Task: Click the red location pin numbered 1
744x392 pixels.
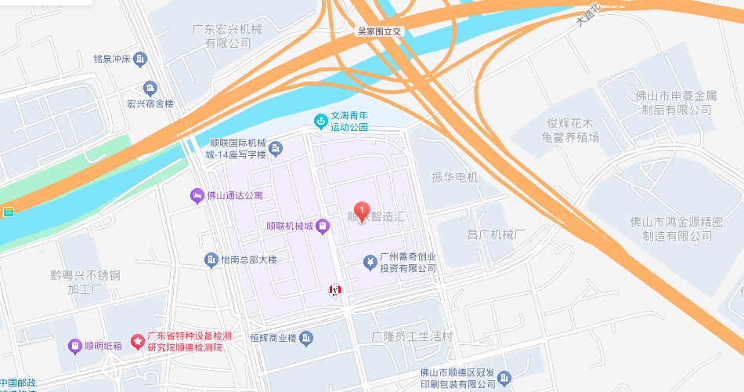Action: (x=362, y=211)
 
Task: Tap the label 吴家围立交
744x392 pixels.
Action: (x=379, y=31)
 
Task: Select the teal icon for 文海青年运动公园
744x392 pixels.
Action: (x=320, y=121)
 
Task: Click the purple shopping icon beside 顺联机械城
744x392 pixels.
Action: (x=321, y=227)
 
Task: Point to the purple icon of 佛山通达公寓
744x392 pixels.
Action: (x=197, y=195)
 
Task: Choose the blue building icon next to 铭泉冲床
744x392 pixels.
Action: (x=140, y=59)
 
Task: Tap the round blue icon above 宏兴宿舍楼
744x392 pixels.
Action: (x=150, y=88)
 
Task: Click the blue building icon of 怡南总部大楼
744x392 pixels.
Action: (x=211, y=260)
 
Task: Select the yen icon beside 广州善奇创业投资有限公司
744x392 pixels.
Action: (x=370, y=262)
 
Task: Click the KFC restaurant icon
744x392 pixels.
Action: (x=335, y=290)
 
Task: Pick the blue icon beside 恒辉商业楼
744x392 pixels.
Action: (x=306, y=338)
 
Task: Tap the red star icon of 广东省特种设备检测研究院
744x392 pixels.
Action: (x=138, y=341)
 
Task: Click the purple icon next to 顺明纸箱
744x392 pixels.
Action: (x=74, y=346)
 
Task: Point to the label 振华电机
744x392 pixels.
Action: (x=454, y=178)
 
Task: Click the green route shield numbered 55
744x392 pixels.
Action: (x=8, y=212)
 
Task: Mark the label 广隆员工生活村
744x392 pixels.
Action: (x=412, y=336)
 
